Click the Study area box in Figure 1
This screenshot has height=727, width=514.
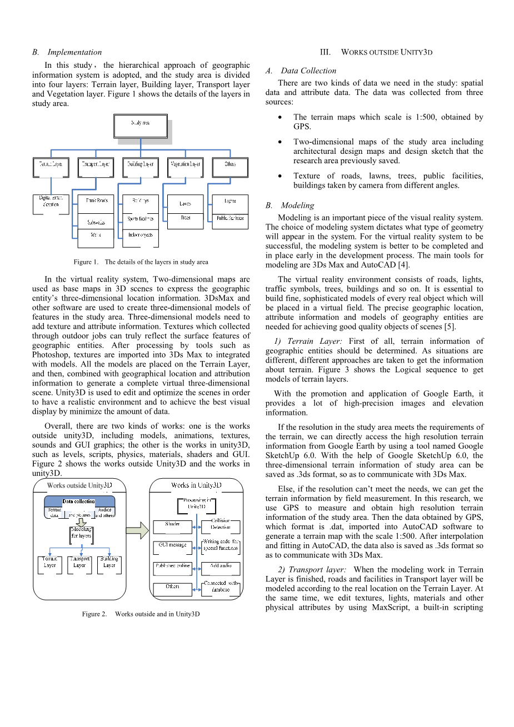coord(141,126)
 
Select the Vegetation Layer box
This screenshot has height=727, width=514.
coord(185,167)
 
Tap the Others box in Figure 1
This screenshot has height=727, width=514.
coord(230,167)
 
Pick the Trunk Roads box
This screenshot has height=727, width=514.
coord(96,203)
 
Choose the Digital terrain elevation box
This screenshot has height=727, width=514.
coord(51,204)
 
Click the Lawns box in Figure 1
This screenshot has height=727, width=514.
coord(185,204)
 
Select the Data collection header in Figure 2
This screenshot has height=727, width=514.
coord(79,502)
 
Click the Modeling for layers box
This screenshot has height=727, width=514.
coord(81,533)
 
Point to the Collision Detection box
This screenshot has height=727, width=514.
coord(221,525)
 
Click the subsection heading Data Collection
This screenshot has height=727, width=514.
coord(308,71)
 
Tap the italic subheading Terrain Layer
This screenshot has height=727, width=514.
coord(311,341)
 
